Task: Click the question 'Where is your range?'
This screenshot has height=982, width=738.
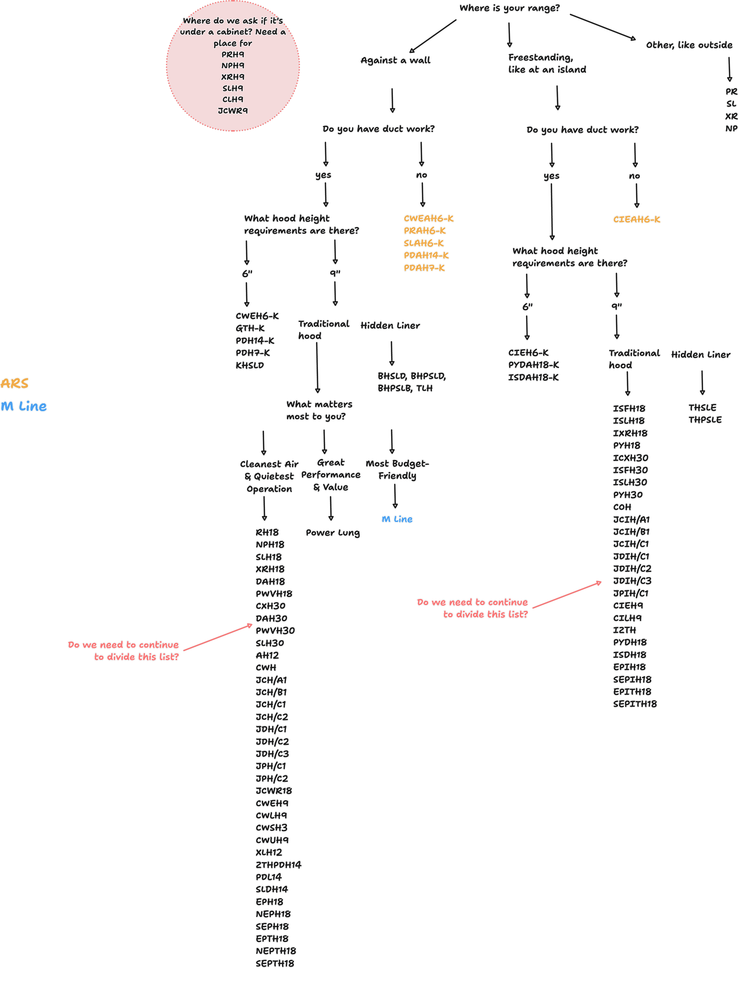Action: pyautogui.click(x=509, y=8)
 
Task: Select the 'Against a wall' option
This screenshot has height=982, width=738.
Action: pyautogui.click(x=395, y=60)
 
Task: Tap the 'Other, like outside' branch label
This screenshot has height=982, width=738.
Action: pyautogui.click(x=689, y=45)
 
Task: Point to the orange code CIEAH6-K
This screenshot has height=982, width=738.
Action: pyautogui.click(x=636, y=219)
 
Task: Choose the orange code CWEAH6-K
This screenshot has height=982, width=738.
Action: pyautogui.click(x=429, y=218)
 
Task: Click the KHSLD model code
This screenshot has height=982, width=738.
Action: pyautogui.click(x=249, y=365)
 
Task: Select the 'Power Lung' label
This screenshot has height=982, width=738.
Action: pyautogui.click(x=333, y=533)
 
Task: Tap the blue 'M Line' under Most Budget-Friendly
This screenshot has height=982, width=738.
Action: pyautogui.click(x=397, y=519)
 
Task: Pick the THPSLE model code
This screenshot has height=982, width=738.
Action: pyautogui.click(x=705, y=420)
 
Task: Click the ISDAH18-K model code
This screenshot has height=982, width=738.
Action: pyautogui.click(x=533, y=377)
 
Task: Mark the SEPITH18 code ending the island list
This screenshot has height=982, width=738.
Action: pyautogui.click(x=635, y=704)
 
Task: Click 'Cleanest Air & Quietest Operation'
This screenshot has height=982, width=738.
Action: pyautogui.click(x=269, y=476)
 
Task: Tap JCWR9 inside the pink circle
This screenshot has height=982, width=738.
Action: pyautogui.click(x=233, y=111)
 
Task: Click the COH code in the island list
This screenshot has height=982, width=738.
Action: pyautogui.click(x=622, y=507)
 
